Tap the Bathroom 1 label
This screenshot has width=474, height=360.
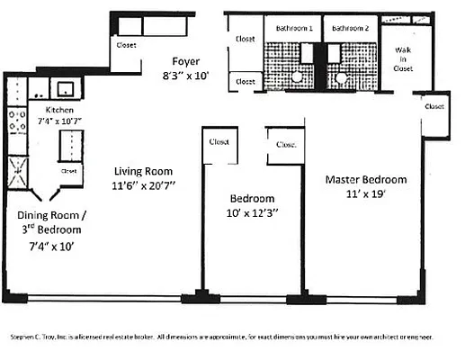pyautogui.click(x=292, y=28)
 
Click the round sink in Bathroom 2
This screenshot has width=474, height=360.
pyautogui.click(x=342, y=78)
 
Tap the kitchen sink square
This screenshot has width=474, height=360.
pyautogui.click(x=65, y=88)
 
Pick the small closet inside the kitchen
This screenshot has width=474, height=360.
pyautogui.click(x=68, y=169)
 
